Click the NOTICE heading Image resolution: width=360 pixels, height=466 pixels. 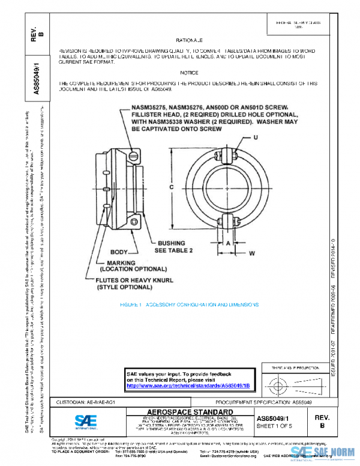[x=188, y=72]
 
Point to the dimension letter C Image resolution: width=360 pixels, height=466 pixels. [x=172, y=187]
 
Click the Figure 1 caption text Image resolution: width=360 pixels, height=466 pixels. [x=189, y=305]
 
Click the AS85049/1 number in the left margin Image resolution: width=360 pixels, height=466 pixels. [x=36, y=76]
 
